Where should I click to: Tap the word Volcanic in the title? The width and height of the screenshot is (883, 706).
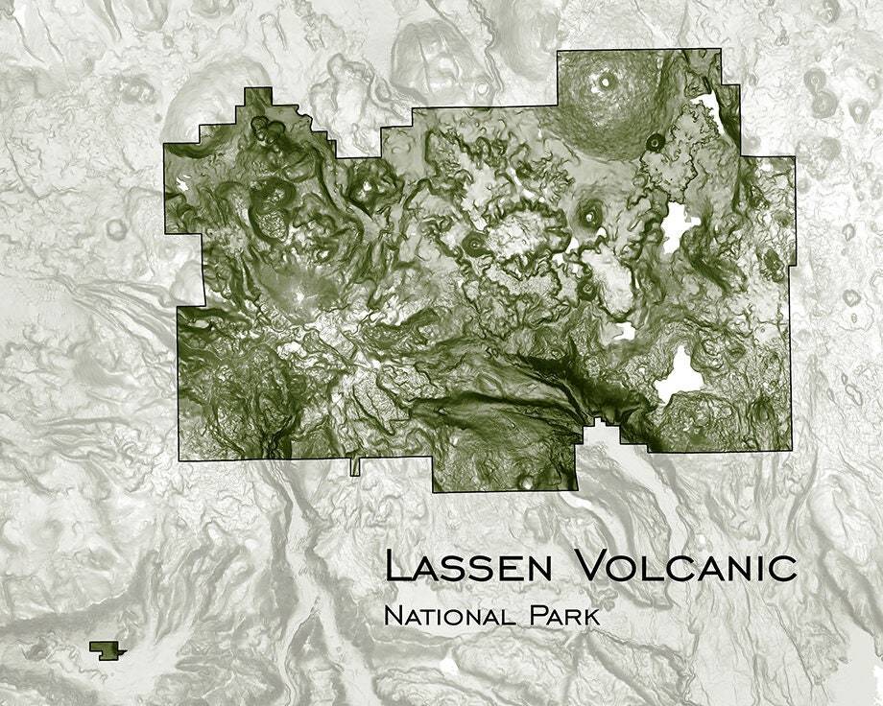tap(685, 566)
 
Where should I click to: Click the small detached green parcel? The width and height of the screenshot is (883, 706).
tap(107, 649)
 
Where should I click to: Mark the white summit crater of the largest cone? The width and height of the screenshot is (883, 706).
tap(605, 82)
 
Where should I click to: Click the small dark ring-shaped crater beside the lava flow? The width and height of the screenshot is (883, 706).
tap(656, 142)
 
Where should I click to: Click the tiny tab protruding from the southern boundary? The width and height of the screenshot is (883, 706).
tap(355, 466)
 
